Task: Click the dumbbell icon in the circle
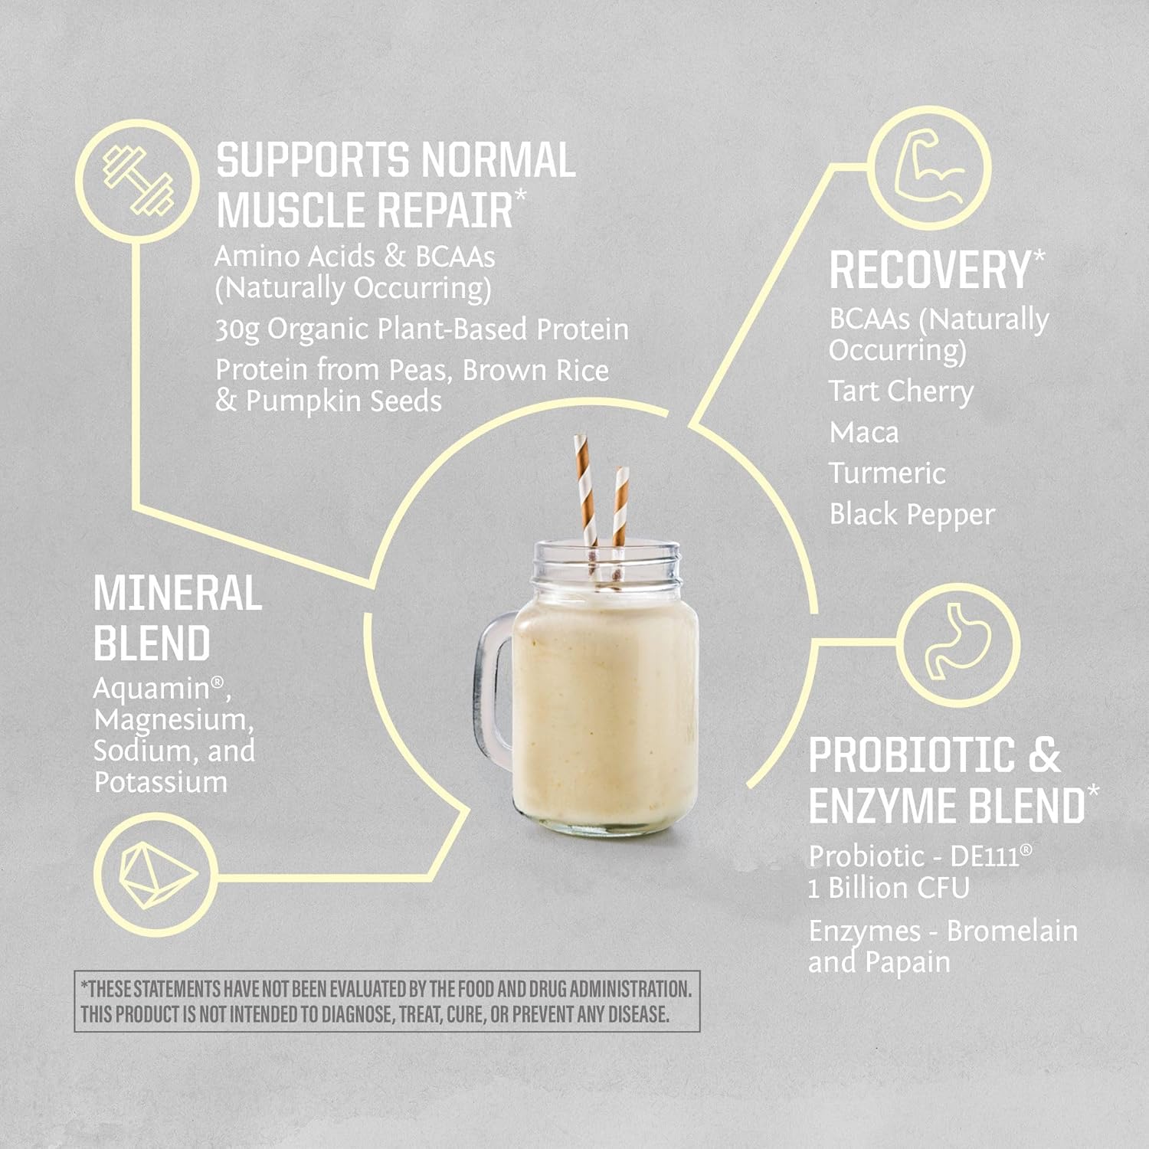[138, 182]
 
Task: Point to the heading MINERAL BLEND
[176, 618]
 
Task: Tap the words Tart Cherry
[901, 391]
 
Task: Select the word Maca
[863, 433]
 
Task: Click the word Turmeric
[887, 473]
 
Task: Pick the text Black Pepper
[912, 515]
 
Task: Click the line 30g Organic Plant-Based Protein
[421, 329]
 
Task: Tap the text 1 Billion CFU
[889, 889]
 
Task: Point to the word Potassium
[160, 782]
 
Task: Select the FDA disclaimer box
[387, 1001]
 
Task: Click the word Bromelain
[1012, 931]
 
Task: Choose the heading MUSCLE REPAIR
[365, 209]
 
